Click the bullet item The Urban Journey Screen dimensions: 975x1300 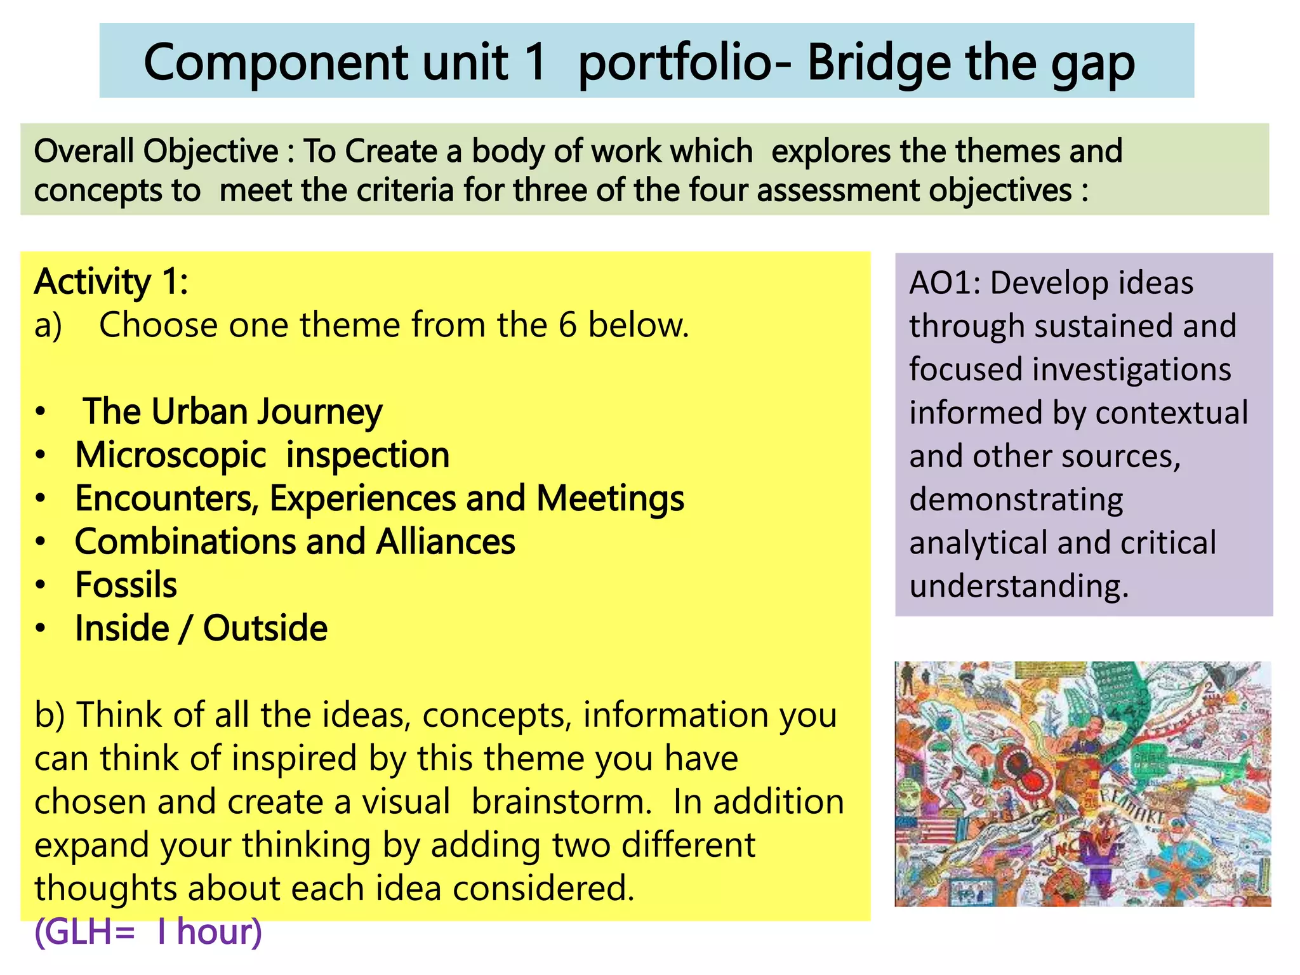pos(232,411)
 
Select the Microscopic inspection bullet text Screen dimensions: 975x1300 pos(262,455)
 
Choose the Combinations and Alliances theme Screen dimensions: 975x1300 pos(295,542)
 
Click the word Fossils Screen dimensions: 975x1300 pos(126,585)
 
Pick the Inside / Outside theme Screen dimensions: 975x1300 pos(201,628)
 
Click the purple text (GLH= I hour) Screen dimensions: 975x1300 pos(148,932)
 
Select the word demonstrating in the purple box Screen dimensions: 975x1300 pos(1016,500)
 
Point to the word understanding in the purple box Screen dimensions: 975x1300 pos(1018,586)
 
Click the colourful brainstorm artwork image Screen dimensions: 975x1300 pos(1082,784)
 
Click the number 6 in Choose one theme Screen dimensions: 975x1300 pos(567,325)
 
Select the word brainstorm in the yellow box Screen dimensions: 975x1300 pos(561,802)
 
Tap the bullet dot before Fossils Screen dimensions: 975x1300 pos(41,585)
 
